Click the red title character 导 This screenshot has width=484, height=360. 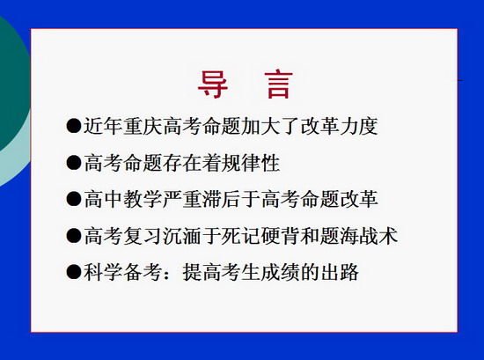[x=213, y=84]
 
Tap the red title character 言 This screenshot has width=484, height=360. [x=278, y=84]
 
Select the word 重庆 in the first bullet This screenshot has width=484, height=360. [x=143, y=126]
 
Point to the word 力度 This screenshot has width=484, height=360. [x=359, y=126]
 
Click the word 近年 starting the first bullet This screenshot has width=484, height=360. [x=103, y=126]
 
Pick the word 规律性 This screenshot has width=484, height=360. [x=251, y=163]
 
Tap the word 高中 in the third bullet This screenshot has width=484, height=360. [x=103, y=199]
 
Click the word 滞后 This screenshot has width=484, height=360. [x=221, y=199]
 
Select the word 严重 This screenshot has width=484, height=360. [x=182, y=199]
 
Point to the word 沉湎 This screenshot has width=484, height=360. [x=182, y=236]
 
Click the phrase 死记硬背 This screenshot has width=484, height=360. [x=260, y=236]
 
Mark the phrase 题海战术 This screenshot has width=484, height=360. [x=359, y=236]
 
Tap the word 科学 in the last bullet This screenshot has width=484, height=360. [x=103, y=272]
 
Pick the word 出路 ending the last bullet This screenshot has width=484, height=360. [x=340, y=272]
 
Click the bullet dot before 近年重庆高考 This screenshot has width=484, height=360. [x=74, y=126]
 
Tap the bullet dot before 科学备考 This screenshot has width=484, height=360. [x=74, y=272]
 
